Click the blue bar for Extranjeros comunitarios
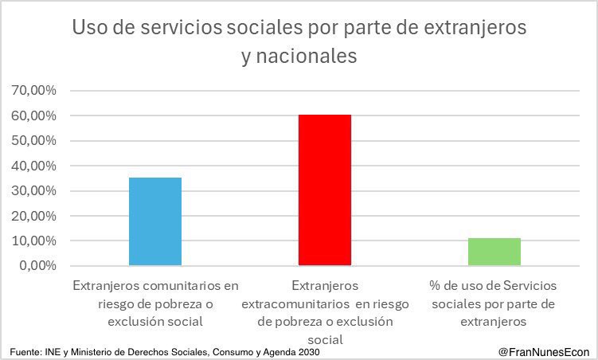click(154, 221)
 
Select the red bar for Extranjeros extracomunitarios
click(325, 190)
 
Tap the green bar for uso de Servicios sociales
click(494, 252)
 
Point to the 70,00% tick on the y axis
click(34, 91)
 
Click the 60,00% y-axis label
click(34, 116)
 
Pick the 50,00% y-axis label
click(34, 141)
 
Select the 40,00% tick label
click(34, 166)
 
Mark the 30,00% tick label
click(34, 191)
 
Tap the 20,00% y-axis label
click(34, 216)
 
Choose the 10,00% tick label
click(34, 241)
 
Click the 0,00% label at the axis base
click(37, 266)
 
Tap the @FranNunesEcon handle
click(543, 351)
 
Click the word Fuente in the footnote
click(25, 351)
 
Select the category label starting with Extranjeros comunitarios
click(155, 303)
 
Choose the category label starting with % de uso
click(494, 303)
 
